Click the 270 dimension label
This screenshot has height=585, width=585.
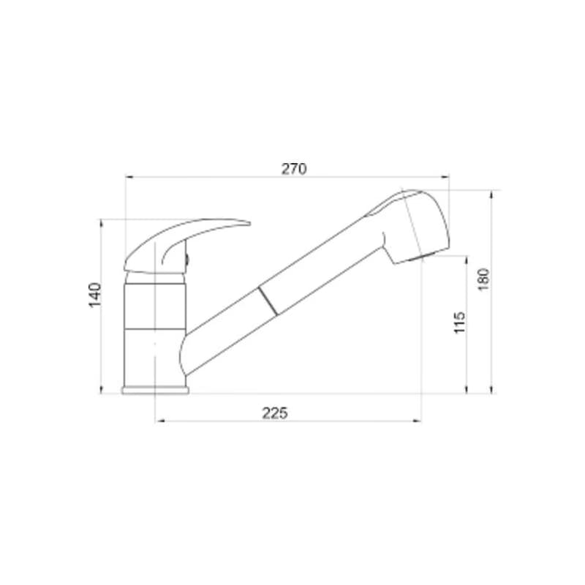294,169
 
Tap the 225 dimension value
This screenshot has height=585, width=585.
275,413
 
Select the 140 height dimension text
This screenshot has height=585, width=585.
95,295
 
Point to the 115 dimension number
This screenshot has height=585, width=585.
459,322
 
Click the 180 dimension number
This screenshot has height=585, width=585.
483,279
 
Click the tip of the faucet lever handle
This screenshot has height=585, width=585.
249,224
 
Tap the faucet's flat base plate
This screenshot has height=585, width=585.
155,390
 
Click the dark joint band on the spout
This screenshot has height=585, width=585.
268,301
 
